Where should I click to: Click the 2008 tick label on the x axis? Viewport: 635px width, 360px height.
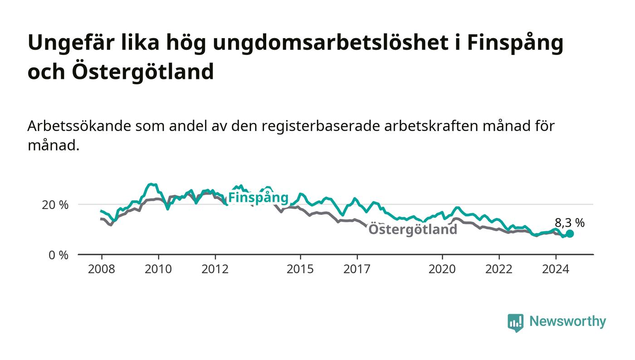click(102, 269)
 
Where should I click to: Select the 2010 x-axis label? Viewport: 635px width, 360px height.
click(158, 269)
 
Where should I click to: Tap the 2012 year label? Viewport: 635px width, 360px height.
click(215, 269)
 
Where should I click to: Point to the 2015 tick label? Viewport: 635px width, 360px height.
click(300, 269)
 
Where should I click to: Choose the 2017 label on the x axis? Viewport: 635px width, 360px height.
click(357, 269)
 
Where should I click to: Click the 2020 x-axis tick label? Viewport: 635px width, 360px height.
click(442, 269)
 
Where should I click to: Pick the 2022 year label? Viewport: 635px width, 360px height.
click(499, 269)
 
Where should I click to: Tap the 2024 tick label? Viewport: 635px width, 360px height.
click(556, 269)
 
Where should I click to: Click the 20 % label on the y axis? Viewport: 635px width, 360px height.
click(55, 205)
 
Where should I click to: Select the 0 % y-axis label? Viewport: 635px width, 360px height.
click(59, 255)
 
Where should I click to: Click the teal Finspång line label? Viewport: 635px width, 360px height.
click(258, 198)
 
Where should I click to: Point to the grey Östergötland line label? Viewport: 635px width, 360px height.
click(413, 229)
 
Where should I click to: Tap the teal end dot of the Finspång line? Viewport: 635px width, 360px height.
click(570, 234)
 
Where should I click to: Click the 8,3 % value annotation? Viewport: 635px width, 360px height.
click(570, 223)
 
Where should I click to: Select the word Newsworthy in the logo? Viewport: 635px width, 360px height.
click(567, 321)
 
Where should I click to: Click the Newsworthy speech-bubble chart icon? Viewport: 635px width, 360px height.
click(516, 323)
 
